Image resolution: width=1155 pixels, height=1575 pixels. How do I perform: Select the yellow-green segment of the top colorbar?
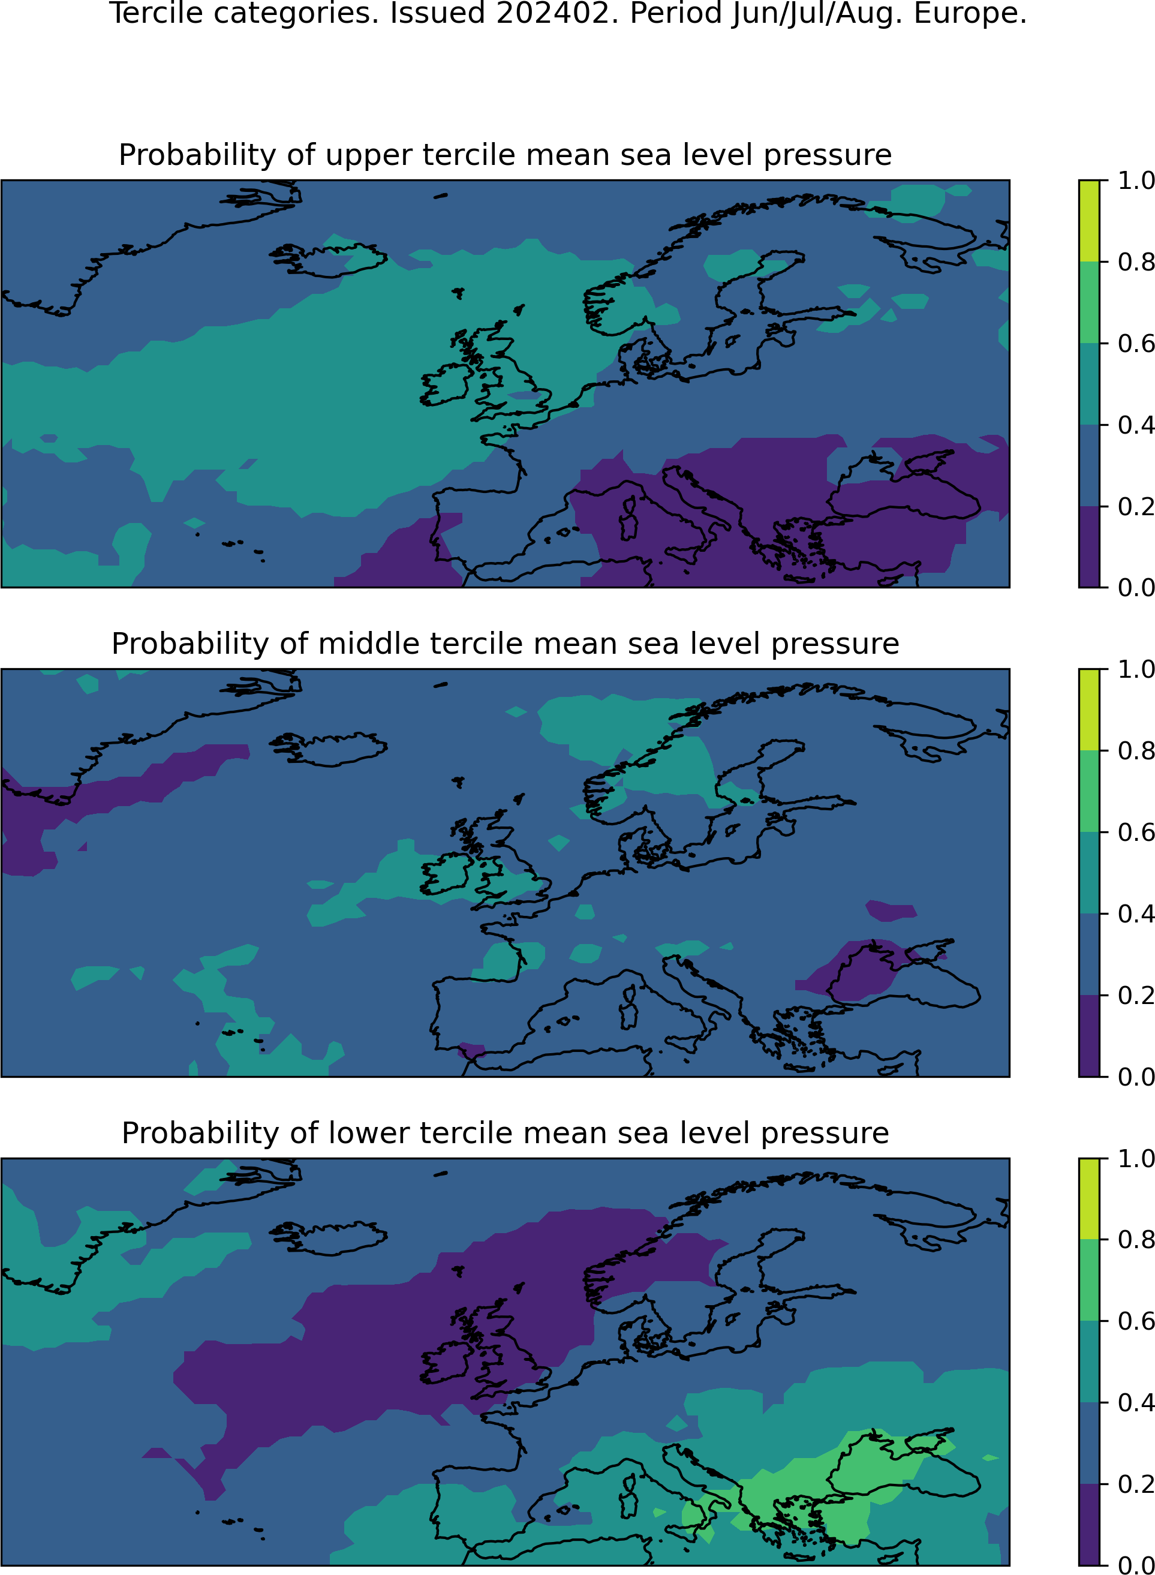(x=1089, y=221)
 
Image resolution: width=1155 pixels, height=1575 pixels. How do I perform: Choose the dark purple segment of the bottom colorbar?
(x=1089, y=1524)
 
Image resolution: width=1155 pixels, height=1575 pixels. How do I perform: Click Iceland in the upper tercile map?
(x=329, y=260)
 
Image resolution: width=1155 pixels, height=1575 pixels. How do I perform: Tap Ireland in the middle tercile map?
(x=444, y=874)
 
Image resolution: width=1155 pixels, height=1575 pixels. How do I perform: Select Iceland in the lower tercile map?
(x=329, y=1239)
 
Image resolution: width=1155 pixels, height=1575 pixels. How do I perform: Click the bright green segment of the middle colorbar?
(x=1089, y=791)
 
